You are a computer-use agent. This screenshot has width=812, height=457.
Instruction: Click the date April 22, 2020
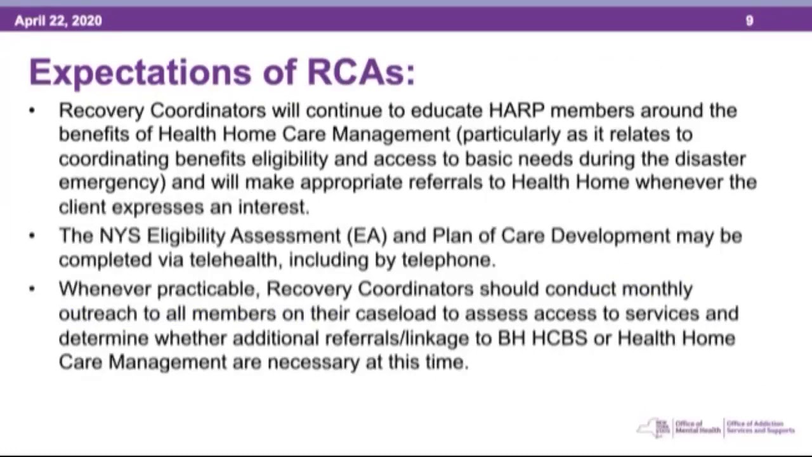[58, 21]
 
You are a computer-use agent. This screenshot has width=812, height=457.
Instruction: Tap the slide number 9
[749, 21]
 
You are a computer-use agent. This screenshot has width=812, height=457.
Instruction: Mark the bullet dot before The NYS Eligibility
[32, 236]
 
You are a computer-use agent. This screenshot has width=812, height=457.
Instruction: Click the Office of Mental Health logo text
[697, 427]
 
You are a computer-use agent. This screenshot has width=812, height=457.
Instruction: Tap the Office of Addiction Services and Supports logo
[759, 427]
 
